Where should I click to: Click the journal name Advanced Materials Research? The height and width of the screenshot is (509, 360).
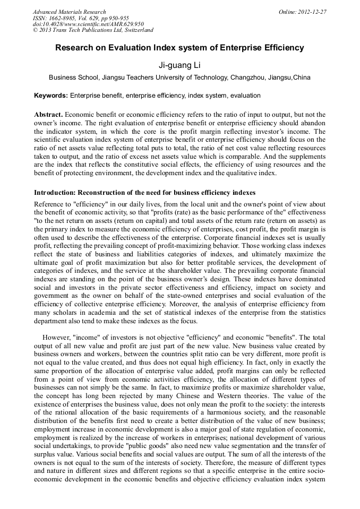point(69,12)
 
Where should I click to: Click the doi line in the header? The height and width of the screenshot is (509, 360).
point(88,24)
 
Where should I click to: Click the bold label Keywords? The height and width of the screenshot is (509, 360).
point(51,96)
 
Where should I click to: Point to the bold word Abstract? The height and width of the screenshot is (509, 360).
point(48,115)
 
